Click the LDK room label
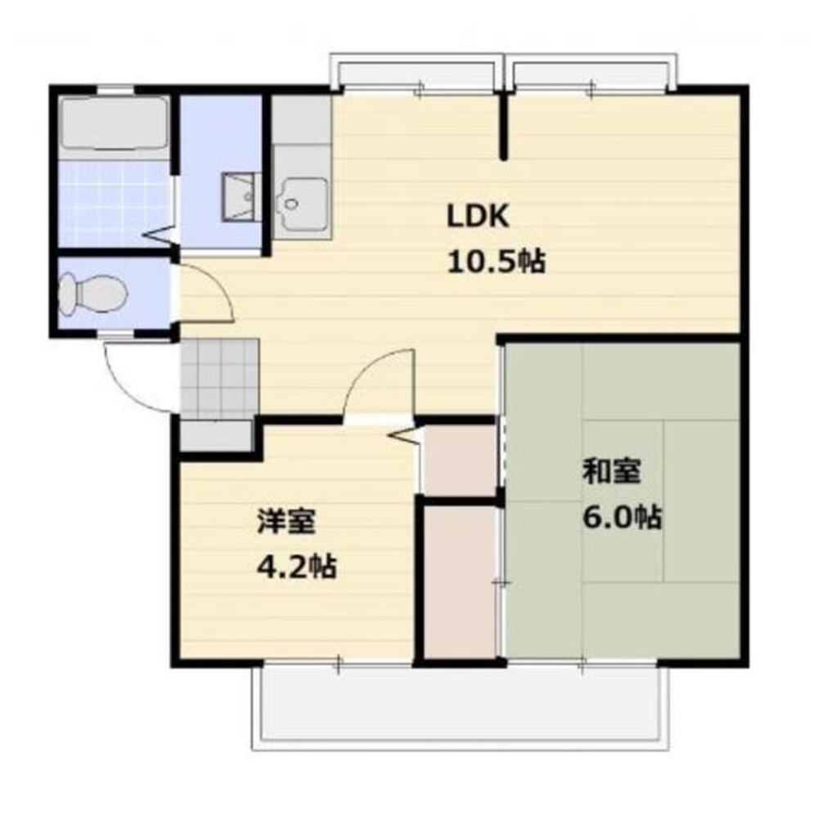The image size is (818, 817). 479,217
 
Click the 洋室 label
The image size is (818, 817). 286,521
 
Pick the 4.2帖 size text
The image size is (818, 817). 296,567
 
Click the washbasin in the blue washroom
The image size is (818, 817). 240,196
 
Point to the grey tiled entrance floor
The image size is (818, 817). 218,375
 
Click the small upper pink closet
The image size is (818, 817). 458,460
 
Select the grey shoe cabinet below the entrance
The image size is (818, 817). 215,435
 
